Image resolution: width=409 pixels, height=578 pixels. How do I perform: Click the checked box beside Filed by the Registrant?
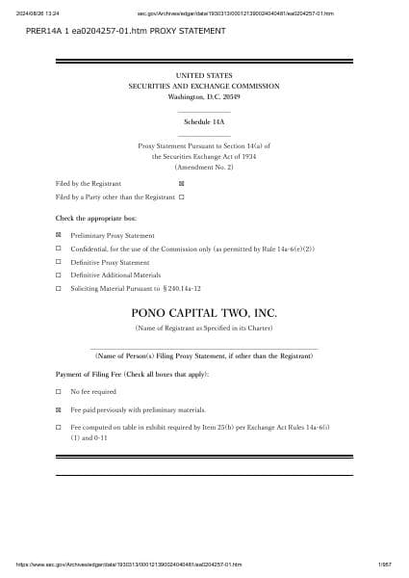pyautogui.click(x=181, y=182)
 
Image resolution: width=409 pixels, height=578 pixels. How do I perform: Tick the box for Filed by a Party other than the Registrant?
pyautogui.click(x=181, y=197)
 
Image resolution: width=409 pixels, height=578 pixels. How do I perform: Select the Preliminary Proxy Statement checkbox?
pyautogui.click(x=59, y=235)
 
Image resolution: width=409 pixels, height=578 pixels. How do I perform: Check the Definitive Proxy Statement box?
pyautogui.click(x=59, y=262)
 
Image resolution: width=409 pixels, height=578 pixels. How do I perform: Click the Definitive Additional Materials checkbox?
pyautogui.click(x=59, y=275)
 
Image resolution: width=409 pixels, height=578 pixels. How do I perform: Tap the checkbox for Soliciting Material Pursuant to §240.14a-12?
pyautogui.click(x=59, y=288)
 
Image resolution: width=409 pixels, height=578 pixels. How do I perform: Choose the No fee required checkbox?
pyautogui.click(x=59, y=392)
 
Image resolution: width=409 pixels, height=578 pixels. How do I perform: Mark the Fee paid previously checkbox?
pyautogui.click(x=59, y=409)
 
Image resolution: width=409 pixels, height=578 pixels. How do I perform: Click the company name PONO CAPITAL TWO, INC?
pyautogui.click(x=204, y=312)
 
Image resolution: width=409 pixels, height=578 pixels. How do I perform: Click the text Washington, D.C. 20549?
pyautogui.click(x=204, y=97)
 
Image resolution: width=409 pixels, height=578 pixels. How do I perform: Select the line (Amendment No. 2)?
pyautogui.click(x=204, y=167)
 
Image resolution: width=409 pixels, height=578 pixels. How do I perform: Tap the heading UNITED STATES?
pyautogui.click(x=204, y=74)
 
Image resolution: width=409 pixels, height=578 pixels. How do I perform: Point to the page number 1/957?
pyautogui.click(x=385, y=565)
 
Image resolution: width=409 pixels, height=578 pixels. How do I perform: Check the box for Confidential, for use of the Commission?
pyautogui.click(x=59, y=249)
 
